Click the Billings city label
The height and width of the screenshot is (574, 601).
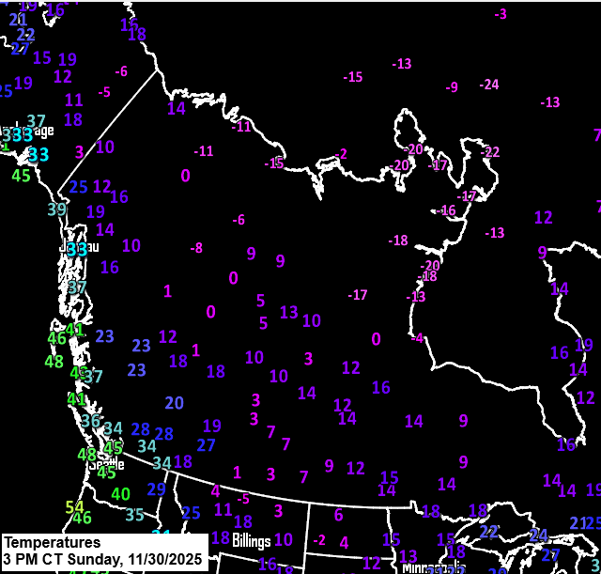252,541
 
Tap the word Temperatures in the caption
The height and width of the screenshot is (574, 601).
52,543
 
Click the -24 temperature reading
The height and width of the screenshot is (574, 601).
489,85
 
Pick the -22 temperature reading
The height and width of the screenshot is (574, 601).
490,152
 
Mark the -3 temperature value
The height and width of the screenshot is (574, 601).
501,14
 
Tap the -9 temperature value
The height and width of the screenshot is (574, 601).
452,87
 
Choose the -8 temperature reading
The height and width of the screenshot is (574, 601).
196,248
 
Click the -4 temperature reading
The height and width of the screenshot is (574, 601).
417,338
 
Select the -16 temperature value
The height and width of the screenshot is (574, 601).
447,210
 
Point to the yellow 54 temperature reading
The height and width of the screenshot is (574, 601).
74,507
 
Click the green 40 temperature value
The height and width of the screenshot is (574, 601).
120,494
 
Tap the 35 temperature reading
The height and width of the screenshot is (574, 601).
134,515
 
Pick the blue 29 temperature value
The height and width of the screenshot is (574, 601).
156,489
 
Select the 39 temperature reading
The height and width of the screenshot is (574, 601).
57,209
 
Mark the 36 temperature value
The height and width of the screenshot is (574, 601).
90,421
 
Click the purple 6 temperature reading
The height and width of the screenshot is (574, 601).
338,515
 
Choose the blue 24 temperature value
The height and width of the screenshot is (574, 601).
538,535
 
